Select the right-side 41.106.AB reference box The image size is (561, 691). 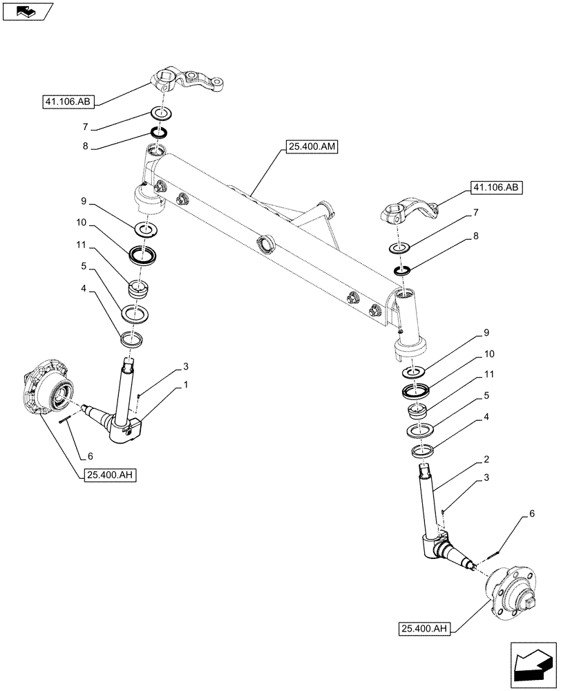pos(497,187)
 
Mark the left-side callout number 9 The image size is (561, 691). pos(84,202)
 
